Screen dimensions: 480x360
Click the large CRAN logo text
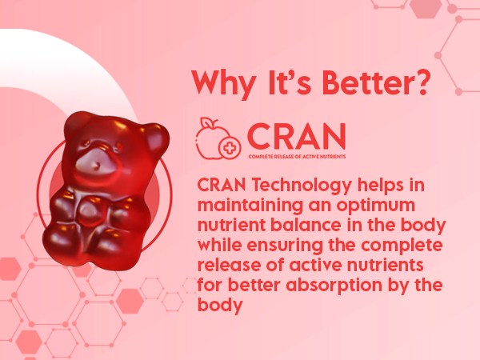point(297,136)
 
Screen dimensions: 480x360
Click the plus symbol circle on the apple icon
point(230,148)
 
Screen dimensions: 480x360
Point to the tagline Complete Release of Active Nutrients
point(297,157)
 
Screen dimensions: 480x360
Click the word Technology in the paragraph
point(302,186)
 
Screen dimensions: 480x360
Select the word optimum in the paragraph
point(376,206)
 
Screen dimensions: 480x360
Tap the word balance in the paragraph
point(306,225)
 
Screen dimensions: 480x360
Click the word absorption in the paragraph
point(334,286)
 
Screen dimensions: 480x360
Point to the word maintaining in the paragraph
point(250,206)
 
